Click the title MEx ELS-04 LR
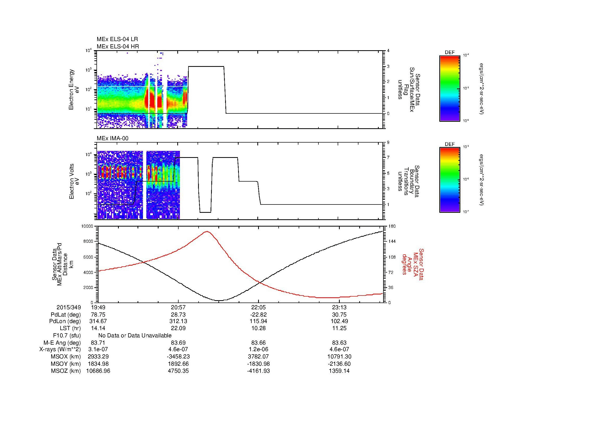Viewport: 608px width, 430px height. click(x=117, y=39)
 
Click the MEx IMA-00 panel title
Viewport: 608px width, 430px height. click(x=113, y=138)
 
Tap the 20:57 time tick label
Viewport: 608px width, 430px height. click(x=178, y=307)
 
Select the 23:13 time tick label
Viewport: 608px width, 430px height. click(x=339, y=307)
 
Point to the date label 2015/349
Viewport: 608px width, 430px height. click(x=69, y=307)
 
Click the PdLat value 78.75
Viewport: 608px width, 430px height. click(x=98, y=315)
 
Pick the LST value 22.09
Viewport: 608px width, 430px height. click(x=178, y=328)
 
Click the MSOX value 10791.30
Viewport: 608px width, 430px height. click(x=339, y=357)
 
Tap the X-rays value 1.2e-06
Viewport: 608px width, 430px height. click(x=258, y=349)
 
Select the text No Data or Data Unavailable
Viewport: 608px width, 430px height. click(x=135, y=336)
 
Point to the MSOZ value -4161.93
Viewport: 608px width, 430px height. click(x=258, y=371)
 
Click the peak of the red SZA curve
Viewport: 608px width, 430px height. click(x=207, y=231)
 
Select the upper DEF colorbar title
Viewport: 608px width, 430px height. click(x=450, y=53)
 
